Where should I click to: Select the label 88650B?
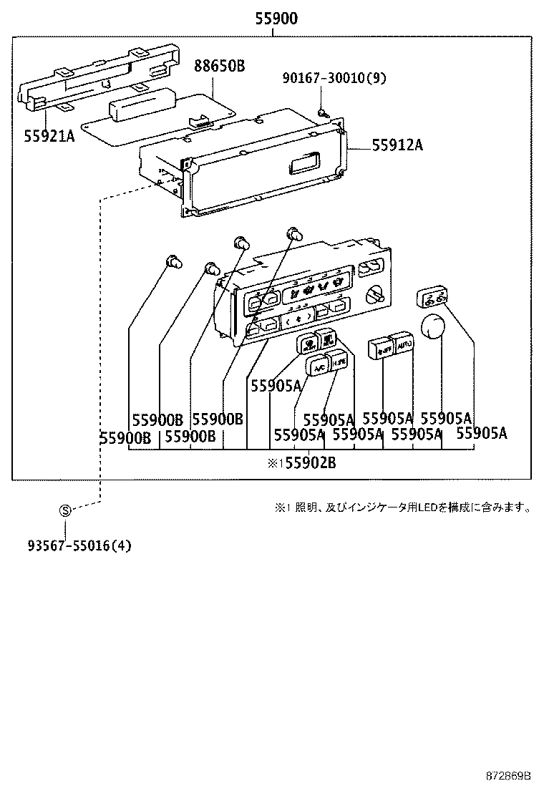click(x=219, y=66)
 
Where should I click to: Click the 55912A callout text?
click(x=397, y=145)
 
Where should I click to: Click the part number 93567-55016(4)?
click(x=80, y=545)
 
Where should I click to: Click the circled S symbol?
click(x=65, y=510)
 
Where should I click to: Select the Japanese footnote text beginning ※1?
click(x=403, y=508)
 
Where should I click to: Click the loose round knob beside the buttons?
click(x=433, y=326)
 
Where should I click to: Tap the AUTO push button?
click(x=404, y=345)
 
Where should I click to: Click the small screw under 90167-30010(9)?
click(x=323, y=111)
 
